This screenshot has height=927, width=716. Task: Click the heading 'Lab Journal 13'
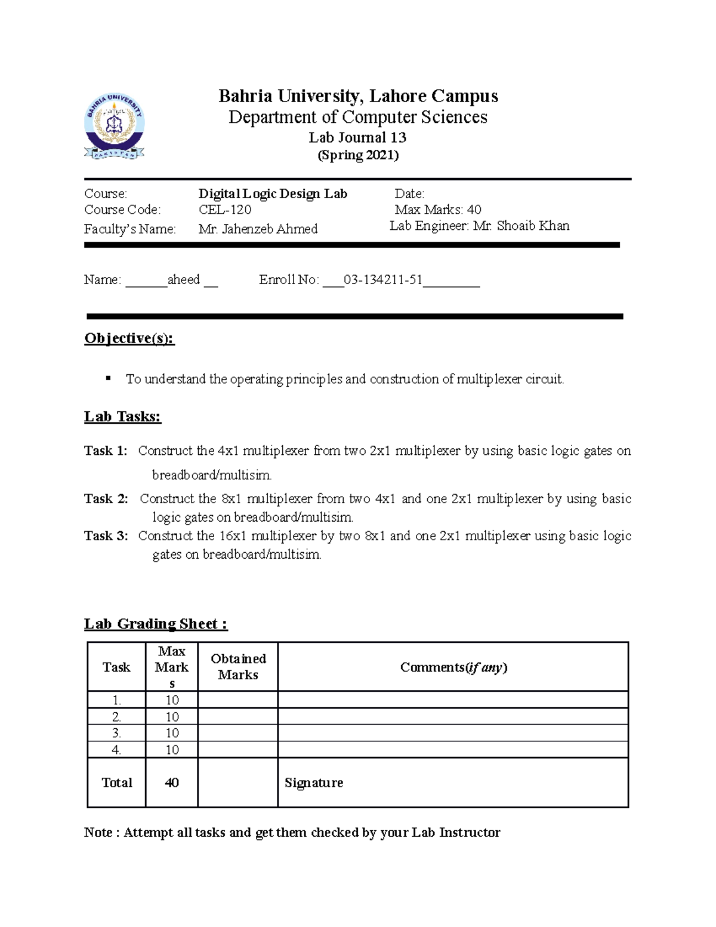pyautogui.click(x=357, y=137)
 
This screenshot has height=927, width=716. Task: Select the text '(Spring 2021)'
pyautogui.click(x=357, y=155)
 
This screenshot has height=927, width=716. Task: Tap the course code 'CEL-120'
pyautogui.click(x=225, y=210)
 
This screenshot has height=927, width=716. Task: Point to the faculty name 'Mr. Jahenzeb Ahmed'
pyautogui.click(x=258, y=229)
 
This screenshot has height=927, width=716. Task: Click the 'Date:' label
pyautogui.click(x=409, y=193)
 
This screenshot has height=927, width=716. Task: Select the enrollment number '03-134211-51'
pyautogui.click(x=383, y=279)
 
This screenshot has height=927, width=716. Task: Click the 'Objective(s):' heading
pyautogui.click(x=129, y=338)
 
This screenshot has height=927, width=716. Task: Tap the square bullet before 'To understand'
pyautogui.click(x=108, y=378)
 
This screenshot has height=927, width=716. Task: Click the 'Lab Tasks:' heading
pyautogui.click(x=122, y=416)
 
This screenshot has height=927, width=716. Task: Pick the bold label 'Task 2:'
pyautogui.click(x=106, y=498)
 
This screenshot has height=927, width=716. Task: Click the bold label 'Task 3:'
pyautogui.click(x=106, y=535)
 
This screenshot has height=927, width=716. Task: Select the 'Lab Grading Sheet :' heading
pyautogui.click(x=155, y=624)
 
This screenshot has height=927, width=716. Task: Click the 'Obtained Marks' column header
pyautogui.click(x=237, y=667)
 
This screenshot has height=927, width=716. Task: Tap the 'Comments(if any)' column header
pyautogui.click(x=453, y=667)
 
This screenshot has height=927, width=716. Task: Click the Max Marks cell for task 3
pyautogui.click(x=172, y=733)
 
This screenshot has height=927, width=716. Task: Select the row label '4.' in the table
pyautogui.click(x=116, y=750)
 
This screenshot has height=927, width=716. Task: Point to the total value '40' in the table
pyautogui.click(x=172, y=783)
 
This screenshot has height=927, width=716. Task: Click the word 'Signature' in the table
pyautogui.click(x=313, y=783)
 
